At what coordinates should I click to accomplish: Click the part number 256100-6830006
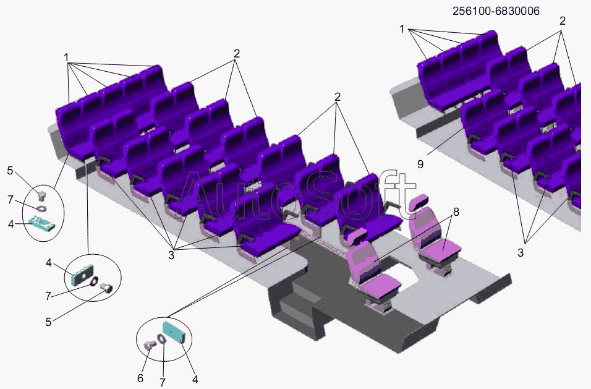[x=496, y=11]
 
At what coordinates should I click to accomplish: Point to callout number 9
[x=420, y=165]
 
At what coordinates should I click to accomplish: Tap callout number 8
[x=456, y=212]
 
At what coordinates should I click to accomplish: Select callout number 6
[x=140, y=378]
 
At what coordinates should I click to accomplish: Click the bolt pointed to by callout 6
[x=150, y=345]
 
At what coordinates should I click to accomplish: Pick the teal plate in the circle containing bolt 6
[x=174, y=332]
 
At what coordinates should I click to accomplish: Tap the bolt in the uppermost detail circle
[x=42, y=196]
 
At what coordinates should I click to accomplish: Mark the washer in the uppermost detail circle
[x=42, y=208]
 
